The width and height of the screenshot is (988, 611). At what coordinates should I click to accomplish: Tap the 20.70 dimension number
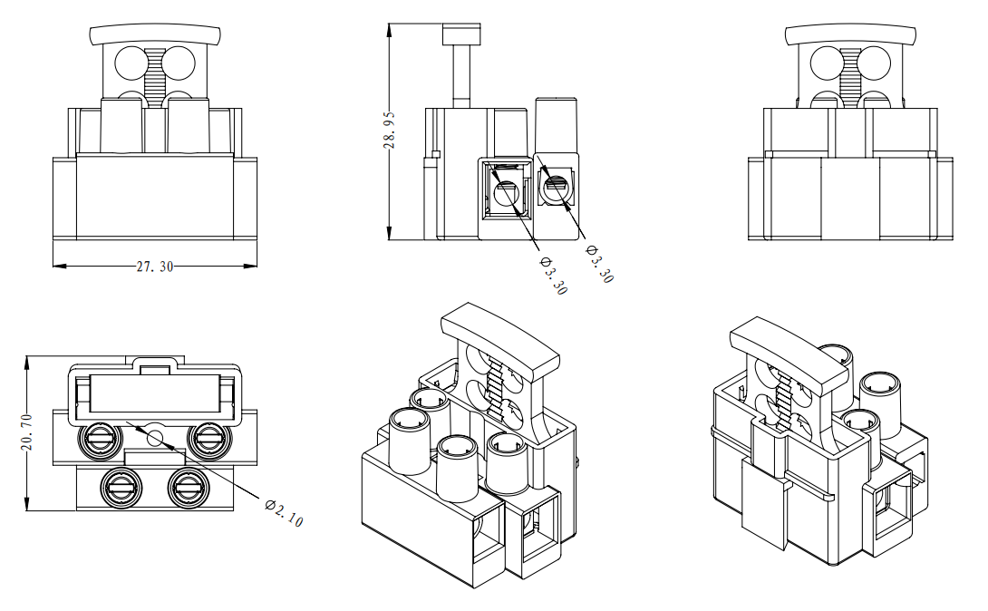[x=27, y=432]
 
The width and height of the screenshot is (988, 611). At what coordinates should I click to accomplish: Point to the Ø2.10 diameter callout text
[x=284, y=512]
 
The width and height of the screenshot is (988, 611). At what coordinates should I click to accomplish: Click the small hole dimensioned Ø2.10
[x=154, y=438]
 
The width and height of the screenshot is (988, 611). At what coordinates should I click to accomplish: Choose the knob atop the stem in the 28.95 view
[x=461, y=34]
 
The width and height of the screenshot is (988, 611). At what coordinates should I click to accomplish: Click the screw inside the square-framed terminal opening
[x=506, y=192]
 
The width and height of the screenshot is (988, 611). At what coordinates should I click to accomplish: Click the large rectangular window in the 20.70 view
[x=154, y=392]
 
